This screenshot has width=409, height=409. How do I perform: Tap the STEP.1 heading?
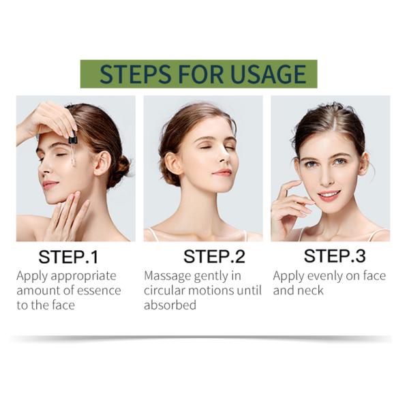point(68,257)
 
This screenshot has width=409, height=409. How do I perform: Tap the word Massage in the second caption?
point(168,276)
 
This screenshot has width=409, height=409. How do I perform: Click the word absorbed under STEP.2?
point(170,305)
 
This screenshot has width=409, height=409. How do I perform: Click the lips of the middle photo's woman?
point(222,172)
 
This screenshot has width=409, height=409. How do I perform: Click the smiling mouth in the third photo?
point(329,195)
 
